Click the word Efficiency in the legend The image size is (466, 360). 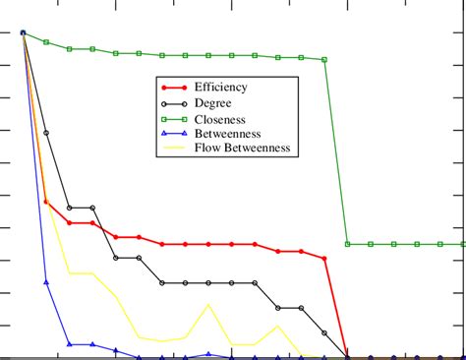click(222, 88)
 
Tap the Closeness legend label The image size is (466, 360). click(221, 119)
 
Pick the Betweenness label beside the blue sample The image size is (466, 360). click(229, 134)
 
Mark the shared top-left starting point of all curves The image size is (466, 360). click(23, 33)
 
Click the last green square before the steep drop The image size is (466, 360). click(324, 60)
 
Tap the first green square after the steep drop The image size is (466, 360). click(348, 244)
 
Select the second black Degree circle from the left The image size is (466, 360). click(46, 133)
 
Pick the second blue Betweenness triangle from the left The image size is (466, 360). click(46, 282)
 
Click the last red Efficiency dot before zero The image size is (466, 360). click(324, 258)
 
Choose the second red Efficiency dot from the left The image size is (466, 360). click(46, 202)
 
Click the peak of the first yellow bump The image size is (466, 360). click(208, 305)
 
